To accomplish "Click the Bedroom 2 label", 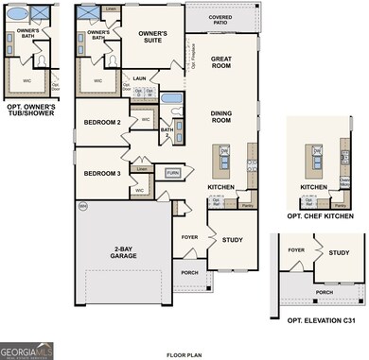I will (102, 124).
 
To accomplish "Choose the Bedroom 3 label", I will (102, 173).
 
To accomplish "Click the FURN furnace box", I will (172, 173).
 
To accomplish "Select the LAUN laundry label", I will (139, 79).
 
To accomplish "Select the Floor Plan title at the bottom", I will (184, 354).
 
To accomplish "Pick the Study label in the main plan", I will (233, 240).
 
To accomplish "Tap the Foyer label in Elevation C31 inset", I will (297, 251).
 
